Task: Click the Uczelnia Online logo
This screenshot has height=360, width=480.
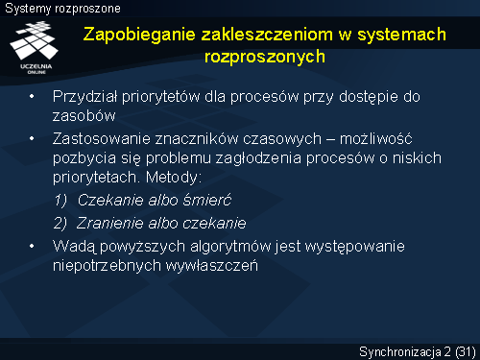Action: pos(35,47)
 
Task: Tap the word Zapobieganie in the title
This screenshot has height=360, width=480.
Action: pos(139,36)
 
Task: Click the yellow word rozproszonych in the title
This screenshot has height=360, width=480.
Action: pos(265,58)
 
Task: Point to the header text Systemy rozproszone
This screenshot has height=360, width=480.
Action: pos(62,9)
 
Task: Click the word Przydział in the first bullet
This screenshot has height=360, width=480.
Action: pos(85,97)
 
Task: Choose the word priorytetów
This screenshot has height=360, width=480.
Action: pos(160,97)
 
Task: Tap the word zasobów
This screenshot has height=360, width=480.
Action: pos(84,115)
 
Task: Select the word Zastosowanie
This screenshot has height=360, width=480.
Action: pos(102,139)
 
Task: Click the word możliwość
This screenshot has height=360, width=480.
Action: pos(375,138)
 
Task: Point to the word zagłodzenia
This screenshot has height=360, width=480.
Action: pos(258,159)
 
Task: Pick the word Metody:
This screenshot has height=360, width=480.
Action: pos(174,178)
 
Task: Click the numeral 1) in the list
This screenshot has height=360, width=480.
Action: pos(60,201)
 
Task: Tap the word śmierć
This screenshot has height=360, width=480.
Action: pos(207,200)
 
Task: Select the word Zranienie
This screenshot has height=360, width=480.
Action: pos(109,223)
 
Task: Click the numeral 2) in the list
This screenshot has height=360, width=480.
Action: pos(60,224)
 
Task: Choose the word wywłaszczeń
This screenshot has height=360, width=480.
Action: pos(211,266)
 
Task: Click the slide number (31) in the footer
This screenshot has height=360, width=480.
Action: pos(466,352)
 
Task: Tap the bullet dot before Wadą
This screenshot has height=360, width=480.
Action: pos(32,246)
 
